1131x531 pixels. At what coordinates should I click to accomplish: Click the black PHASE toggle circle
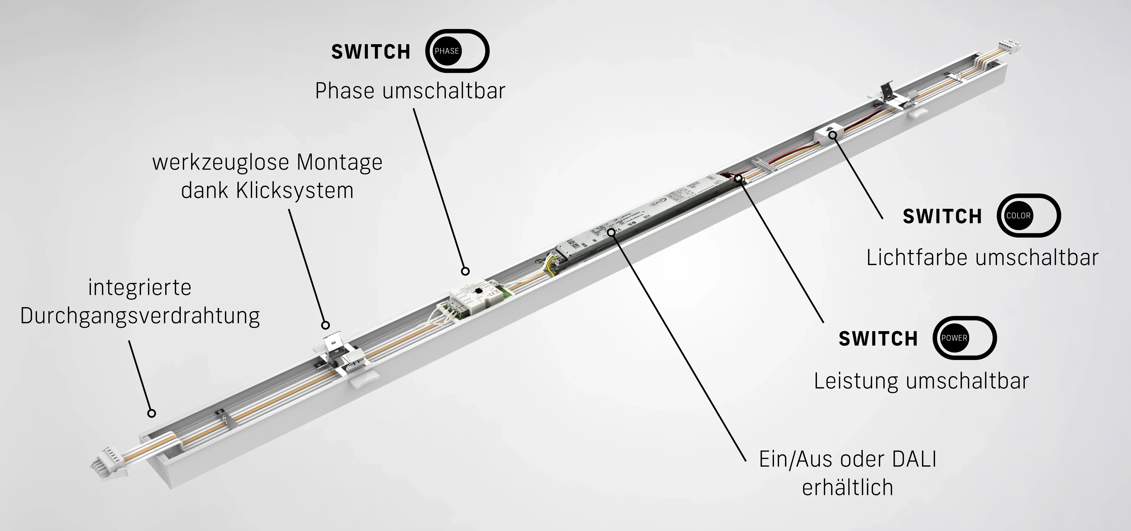(446, 51)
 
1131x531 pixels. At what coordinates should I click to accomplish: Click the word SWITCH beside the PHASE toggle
(371, 52)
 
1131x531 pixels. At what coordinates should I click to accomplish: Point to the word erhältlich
(847, 487)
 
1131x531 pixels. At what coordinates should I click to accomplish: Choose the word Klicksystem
(295, 191)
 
